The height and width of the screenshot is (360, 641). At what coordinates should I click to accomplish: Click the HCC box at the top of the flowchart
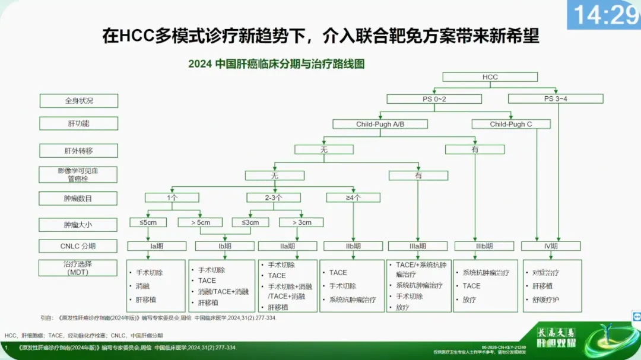(490, 77)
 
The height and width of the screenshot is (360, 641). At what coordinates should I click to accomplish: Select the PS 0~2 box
(435, 99)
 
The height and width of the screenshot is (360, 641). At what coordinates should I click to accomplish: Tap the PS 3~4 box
(556, 99)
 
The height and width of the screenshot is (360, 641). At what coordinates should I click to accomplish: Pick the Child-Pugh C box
(511, 125)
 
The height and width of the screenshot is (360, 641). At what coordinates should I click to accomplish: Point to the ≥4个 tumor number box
(353, 197)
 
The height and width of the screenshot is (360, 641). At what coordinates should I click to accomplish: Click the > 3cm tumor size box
(302, 222)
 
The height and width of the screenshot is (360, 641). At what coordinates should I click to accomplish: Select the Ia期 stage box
(157, 246)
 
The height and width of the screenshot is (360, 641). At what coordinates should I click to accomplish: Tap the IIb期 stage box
(353, 246)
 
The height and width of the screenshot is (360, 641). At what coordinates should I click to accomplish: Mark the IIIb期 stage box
(484, 246)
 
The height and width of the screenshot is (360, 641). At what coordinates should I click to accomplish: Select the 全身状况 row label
(79, 101)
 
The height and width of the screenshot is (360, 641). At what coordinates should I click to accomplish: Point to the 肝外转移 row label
(79, 149)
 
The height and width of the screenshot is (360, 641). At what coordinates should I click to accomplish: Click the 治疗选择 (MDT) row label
(79, 267)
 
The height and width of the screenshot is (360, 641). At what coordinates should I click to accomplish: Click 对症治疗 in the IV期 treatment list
(545, 273)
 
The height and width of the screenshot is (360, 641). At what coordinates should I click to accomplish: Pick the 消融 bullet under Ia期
(142, 286)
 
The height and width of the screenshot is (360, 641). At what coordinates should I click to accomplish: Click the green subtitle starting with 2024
(277, 64)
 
